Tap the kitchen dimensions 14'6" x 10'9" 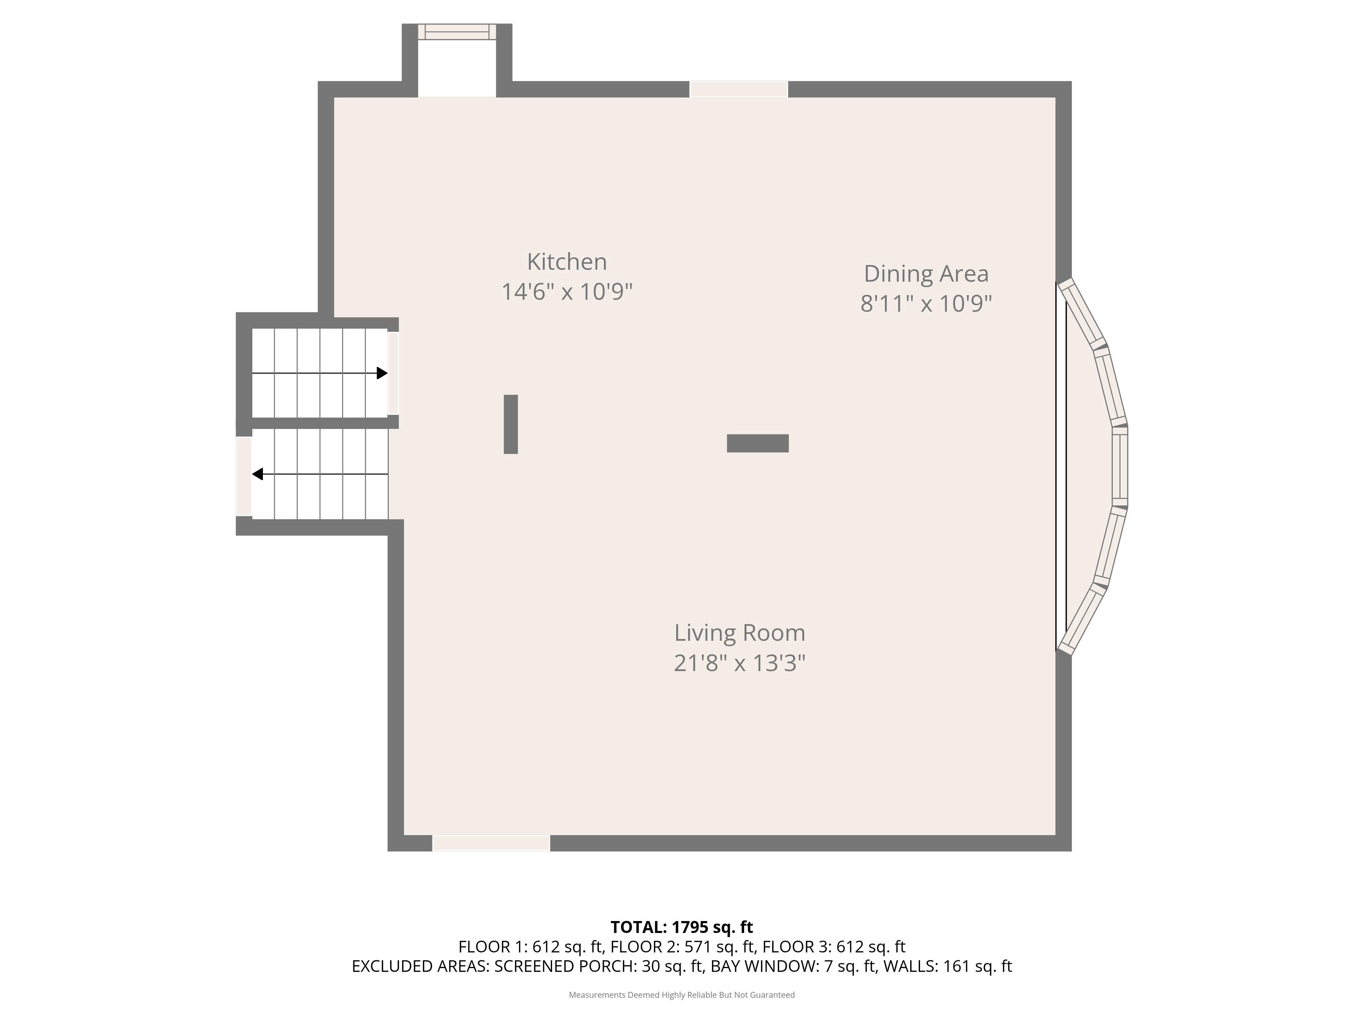(x=567, y=292)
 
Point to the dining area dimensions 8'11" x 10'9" (x=926, y=303)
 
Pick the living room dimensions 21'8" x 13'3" (x=739, y=663)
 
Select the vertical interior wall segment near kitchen (x=510, y=424)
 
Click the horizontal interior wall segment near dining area (x=758, y=443)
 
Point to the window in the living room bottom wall (x=491, y=843)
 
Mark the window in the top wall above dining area (x=739, y=89)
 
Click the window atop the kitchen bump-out (x=457, y=32)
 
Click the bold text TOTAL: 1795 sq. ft (x=681, y=927)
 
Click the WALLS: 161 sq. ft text (x=948, y=966)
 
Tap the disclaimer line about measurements (x=681, y=995)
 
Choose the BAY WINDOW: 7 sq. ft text (x=793, y=966)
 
